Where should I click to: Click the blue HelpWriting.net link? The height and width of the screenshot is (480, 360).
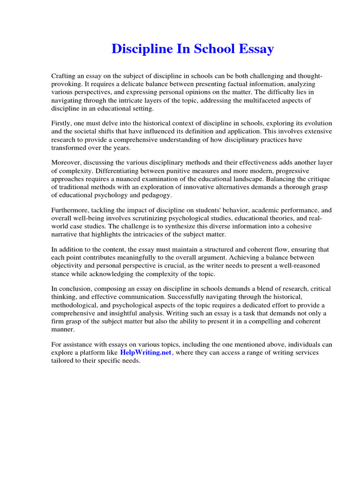pyautogui.click(x=146, y=352)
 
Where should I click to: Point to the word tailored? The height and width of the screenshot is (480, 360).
pyautogui.click(x=63, y=360)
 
